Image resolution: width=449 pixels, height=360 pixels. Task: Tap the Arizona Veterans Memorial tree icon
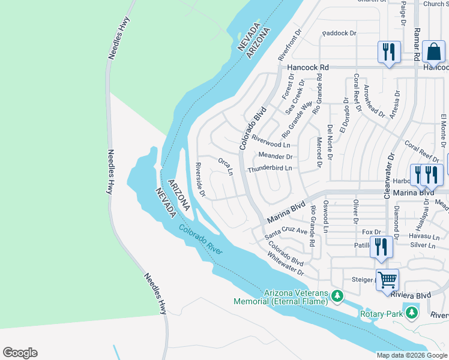[x=337, y=296]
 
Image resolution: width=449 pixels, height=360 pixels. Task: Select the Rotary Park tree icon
[x=411, y=313]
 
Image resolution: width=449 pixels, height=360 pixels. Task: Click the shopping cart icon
[x=387, y=279]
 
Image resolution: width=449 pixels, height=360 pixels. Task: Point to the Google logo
[x=20, y=353]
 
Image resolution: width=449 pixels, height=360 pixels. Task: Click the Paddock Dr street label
[x=340, y=34]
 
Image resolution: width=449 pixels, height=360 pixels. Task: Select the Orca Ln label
[x=225, y=167]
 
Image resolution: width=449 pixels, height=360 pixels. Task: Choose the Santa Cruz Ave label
[x=286, y=235]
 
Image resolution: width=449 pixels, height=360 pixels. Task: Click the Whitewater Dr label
[x=286, y=264]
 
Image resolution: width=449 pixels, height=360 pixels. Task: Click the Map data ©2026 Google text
[x=412, y=355]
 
